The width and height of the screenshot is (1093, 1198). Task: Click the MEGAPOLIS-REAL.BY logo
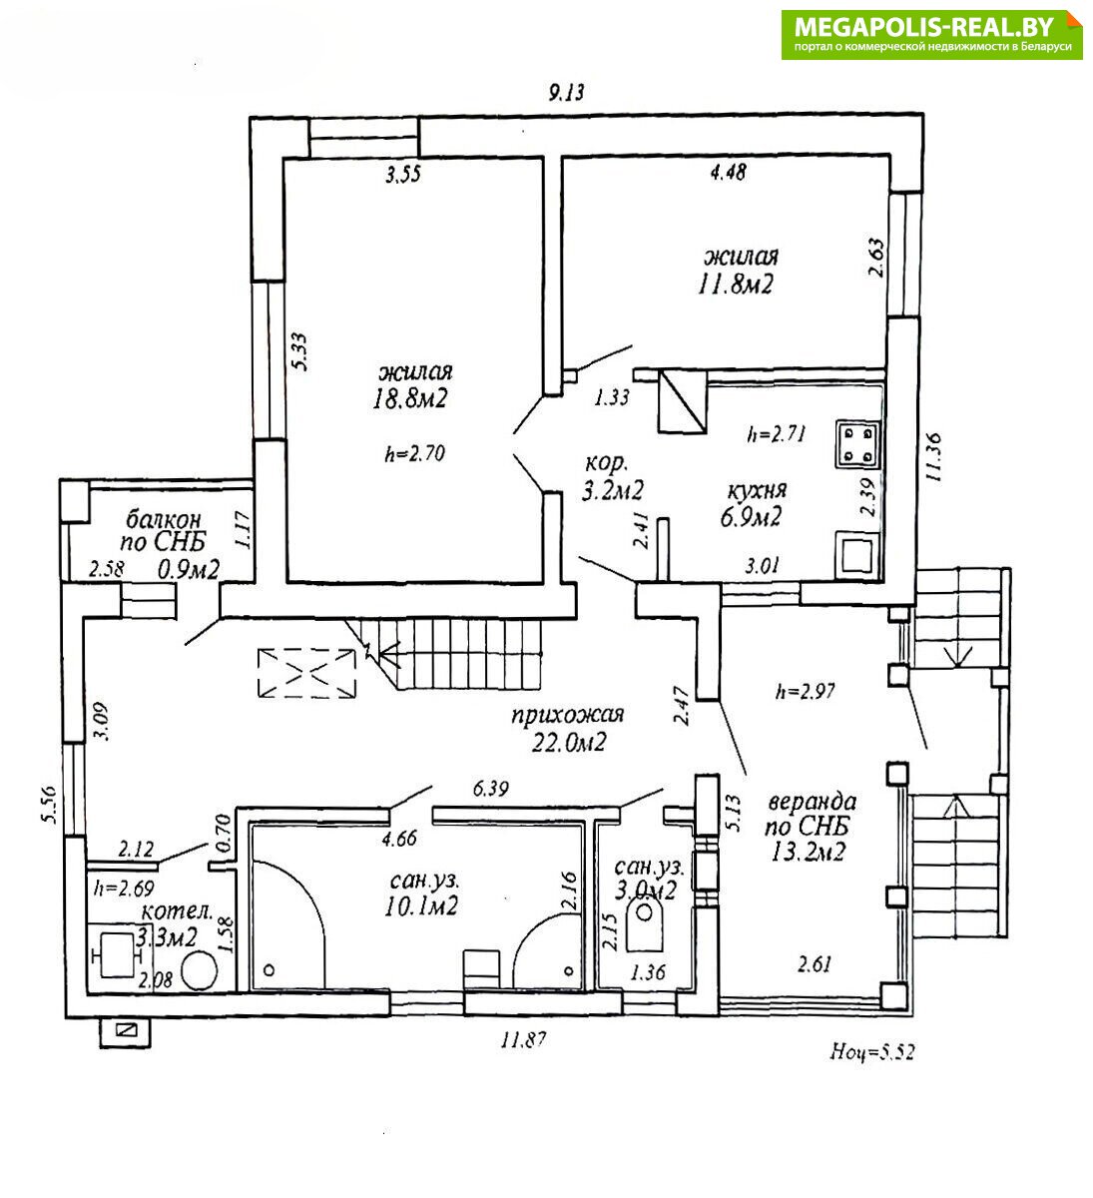931,34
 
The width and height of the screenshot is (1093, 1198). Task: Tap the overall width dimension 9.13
566,93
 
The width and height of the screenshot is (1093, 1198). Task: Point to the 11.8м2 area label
737,285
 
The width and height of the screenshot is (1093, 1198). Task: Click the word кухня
757,490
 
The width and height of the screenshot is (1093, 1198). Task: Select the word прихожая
567,715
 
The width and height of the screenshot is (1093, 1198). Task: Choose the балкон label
164,519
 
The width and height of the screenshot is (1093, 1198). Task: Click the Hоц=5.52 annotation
871,1051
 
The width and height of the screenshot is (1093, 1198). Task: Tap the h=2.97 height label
805,690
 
